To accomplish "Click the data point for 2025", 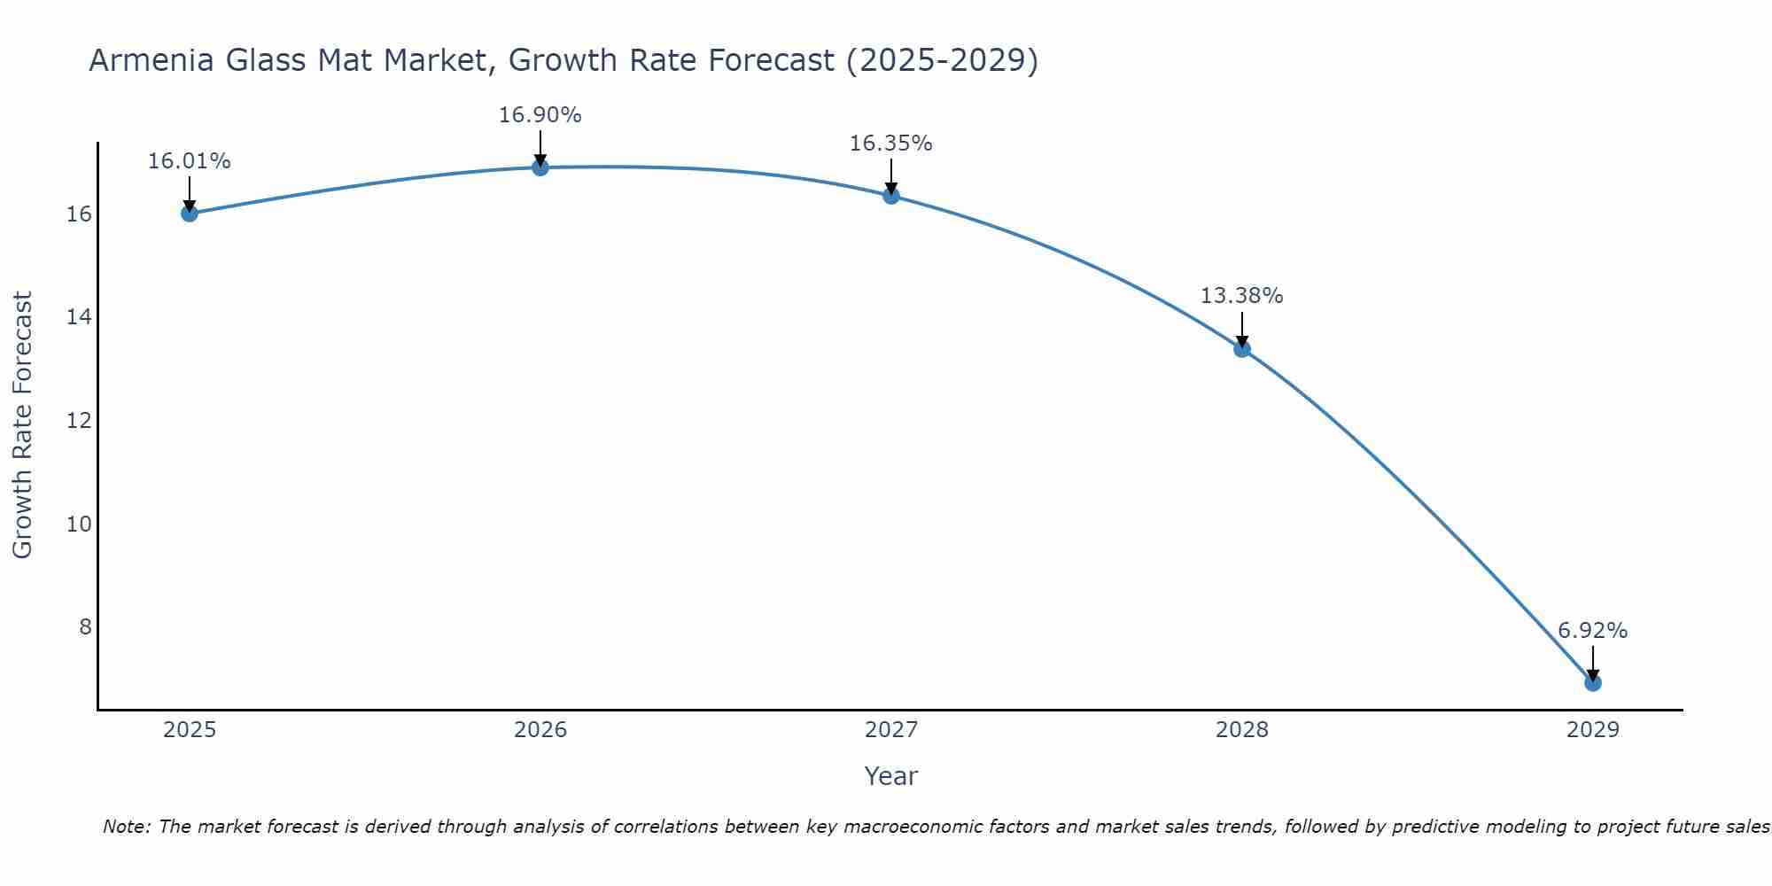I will (x=189, y=214).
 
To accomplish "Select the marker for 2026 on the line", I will (x=540, y=167).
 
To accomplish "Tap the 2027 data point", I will (x=890, y=196).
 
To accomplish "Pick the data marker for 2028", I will (x=1241, y=349).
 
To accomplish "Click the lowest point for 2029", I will (x=1592, y=683).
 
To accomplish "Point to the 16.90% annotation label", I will (x=540, y=115).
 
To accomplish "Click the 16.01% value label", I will (x=189, y=161).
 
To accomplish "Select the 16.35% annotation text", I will (x=890, y=144).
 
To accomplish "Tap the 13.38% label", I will (x=1241, y=296).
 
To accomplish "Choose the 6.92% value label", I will (x=1592, y=631).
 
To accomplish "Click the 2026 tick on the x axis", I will (x=540, y=730).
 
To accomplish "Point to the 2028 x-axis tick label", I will (x=1241, y=730).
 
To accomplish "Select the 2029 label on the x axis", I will (x=1592, y=730).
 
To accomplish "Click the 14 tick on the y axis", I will (x=79, y=317).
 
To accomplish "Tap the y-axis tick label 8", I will (x=85, y=627).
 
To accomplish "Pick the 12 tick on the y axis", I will (x=79, y=421).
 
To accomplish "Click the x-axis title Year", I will (x=890, y=776).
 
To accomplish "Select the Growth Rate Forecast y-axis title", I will (x=22, y=425).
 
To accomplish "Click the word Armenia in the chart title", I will (x=152, y=60).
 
